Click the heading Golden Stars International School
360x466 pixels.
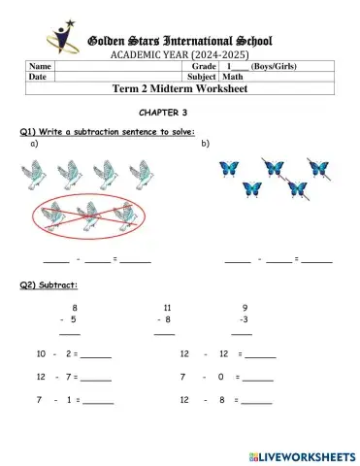pyautogui.click(x=180, y=41)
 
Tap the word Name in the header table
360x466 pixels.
pyautogui.click(x=40, y=65)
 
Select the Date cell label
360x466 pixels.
pyautogui.click(x=38, y=76)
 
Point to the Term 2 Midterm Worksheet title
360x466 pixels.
pyautogui.click(x=180, y=89)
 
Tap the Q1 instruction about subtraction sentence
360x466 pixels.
pyautogui.click(x=107, y=131)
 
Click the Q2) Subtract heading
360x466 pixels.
pyautogui.click(x=49, y=284)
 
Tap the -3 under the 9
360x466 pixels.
pyautogui.click(x=245, y=318)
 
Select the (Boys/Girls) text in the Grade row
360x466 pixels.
pyautogui.click(x=273, y=65)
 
